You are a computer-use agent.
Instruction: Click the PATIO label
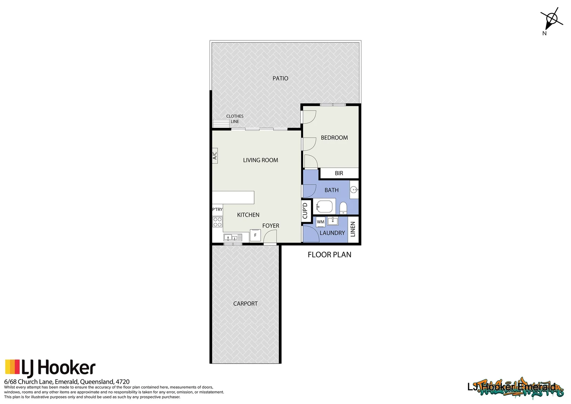280,78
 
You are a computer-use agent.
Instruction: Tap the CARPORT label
245,303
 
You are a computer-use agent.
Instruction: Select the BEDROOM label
334,138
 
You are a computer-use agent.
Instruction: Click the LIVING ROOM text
260,160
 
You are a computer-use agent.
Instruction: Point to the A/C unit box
215,155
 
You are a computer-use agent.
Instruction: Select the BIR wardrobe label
339,173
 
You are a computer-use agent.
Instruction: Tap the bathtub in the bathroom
324,206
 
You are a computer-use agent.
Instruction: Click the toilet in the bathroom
343,208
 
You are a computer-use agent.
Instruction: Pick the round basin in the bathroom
354,190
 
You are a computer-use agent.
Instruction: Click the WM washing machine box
321,222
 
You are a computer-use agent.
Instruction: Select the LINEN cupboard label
353,229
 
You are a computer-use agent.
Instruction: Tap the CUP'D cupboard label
305,211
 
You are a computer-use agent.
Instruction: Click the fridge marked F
255,235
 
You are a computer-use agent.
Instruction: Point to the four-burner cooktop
217,222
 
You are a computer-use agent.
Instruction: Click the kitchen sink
231,238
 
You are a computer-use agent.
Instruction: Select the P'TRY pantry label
217,209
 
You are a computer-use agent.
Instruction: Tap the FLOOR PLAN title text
329,255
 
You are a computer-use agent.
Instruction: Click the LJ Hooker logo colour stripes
12,367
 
